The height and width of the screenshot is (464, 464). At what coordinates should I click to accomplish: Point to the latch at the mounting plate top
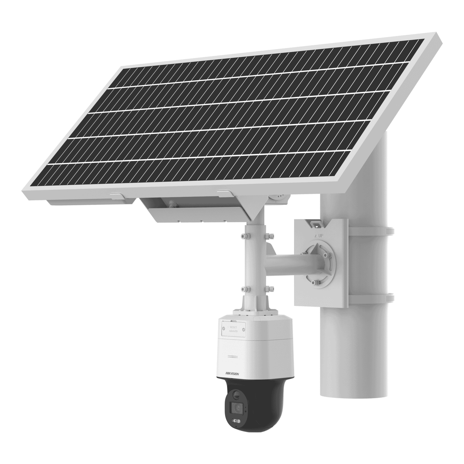pyautogui.click(x=315, y=224)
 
